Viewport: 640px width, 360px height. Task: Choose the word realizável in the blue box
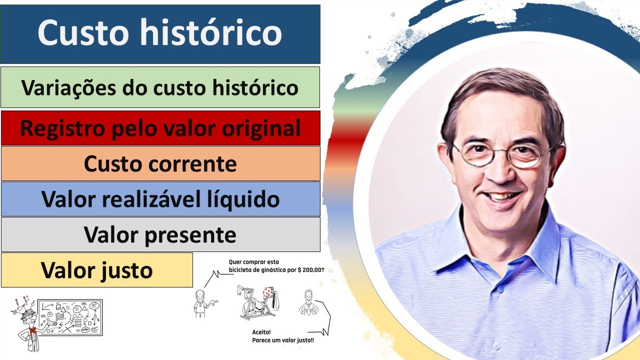pos(160,199)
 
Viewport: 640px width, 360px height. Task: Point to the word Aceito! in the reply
pos(262,331)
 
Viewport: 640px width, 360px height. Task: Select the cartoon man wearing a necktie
pos(306,302)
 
